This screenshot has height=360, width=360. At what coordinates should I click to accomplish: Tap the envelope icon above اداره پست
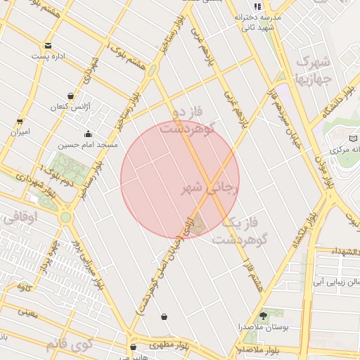click(x=48, y=45)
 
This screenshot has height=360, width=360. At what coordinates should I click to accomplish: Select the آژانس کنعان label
click(x=67, y=107)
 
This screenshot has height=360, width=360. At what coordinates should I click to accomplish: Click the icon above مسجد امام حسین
click(x=88, y=134)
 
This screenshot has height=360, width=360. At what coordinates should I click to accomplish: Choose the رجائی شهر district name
click(x=211, y=188)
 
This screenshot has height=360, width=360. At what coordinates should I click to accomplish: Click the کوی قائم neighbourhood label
click(x=69, y=345)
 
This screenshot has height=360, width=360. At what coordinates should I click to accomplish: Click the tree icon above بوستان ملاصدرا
click(x=264, y=316)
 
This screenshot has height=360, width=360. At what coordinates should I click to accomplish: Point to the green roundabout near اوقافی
click(x=66, y=217)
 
